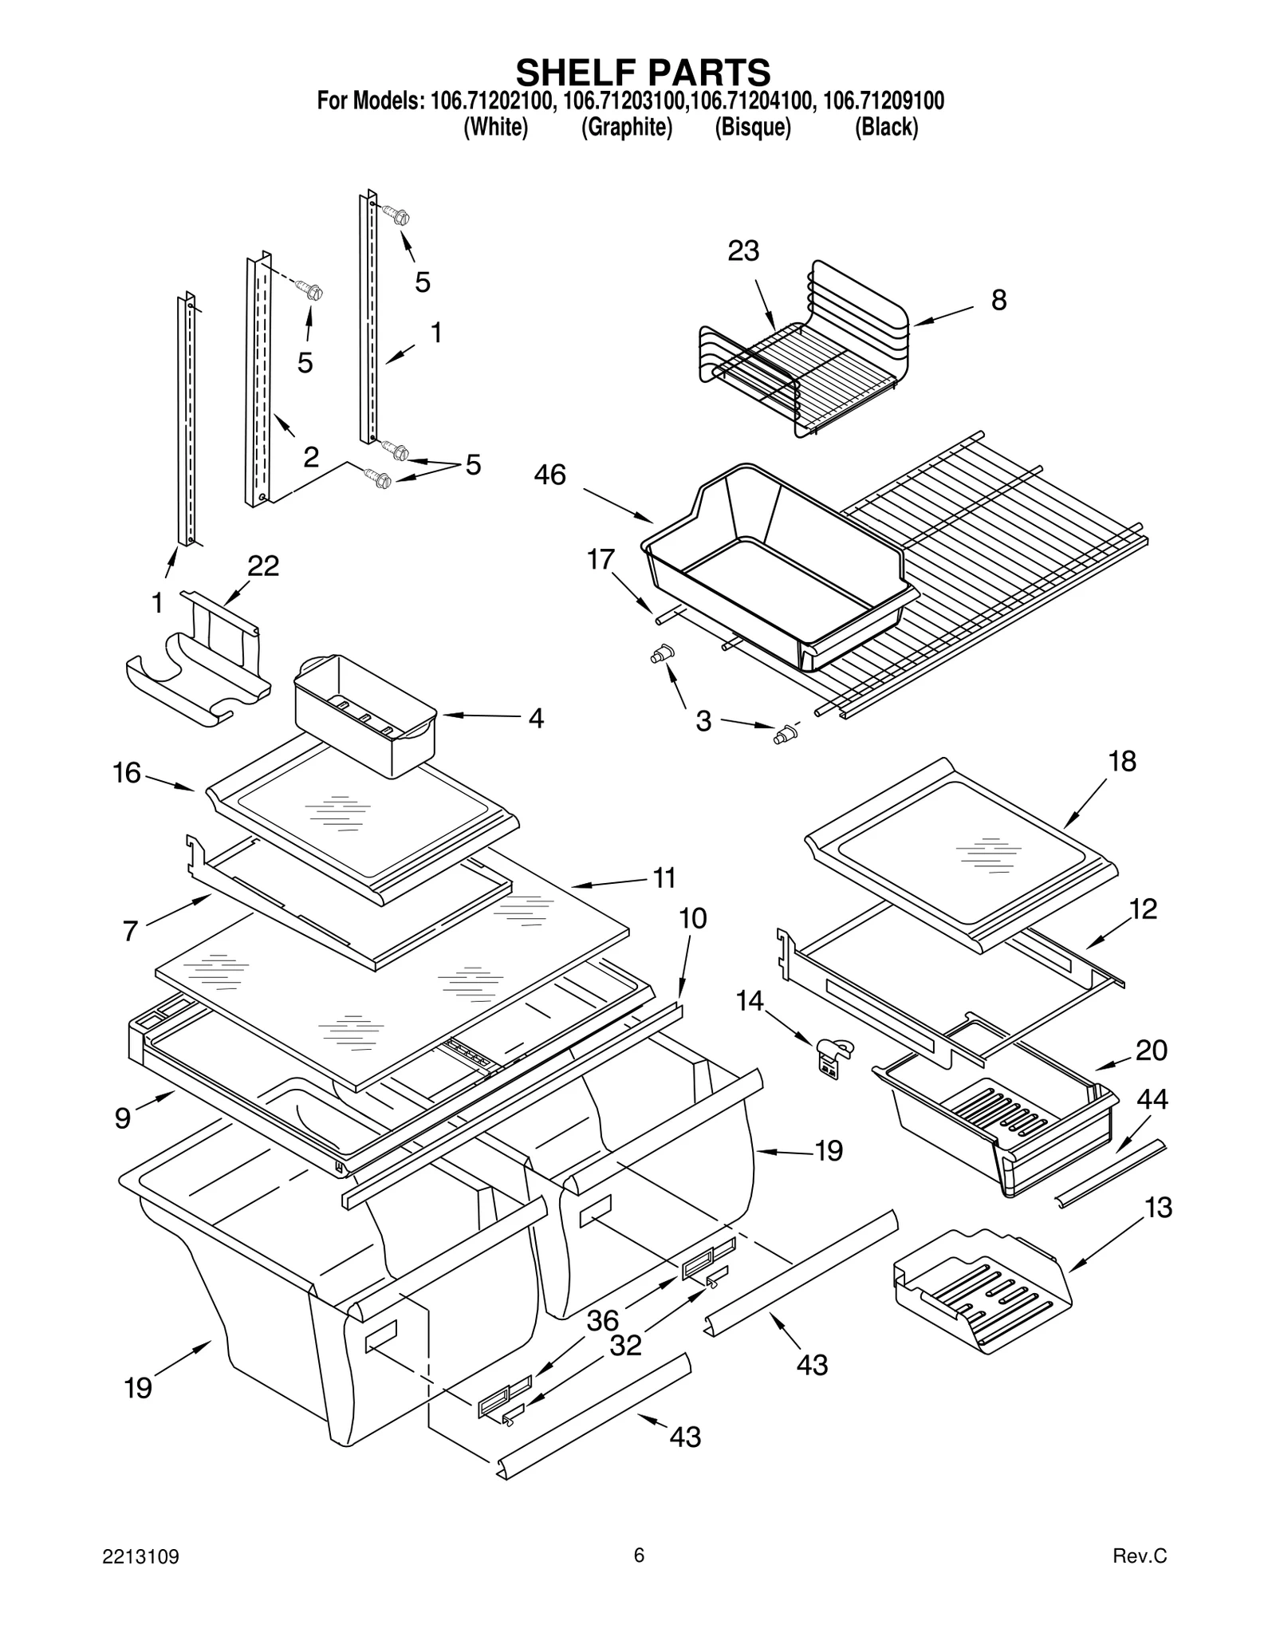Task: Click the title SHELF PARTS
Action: (x=643, y=72)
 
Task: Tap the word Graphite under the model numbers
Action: (x=626, y=127)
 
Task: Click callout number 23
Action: (x=743, y=250)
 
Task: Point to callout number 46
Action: (x=549, y=475)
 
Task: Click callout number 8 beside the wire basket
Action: (x=998, y=300)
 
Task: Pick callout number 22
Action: (x=263, y=566)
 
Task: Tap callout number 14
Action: (x=749, y=1000)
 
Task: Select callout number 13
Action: (x=1159, y=1208)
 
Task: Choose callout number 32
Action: (x=625, y=1346)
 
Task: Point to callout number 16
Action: (x=126, y=773)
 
